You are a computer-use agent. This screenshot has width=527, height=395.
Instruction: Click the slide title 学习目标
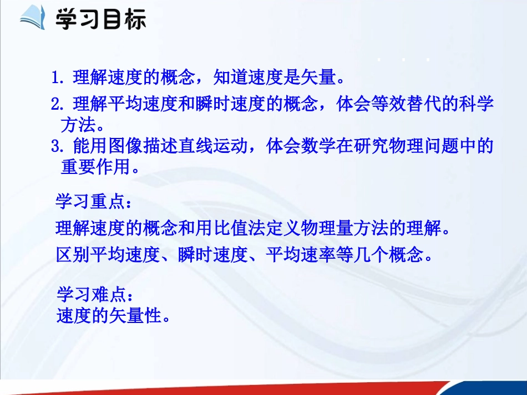pos(100,19)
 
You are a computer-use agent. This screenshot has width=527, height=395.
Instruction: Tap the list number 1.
pos(55,78)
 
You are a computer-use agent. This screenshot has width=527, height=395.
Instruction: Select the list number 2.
pos(55,104)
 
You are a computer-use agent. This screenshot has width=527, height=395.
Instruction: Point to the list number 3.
pos(55,146)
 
